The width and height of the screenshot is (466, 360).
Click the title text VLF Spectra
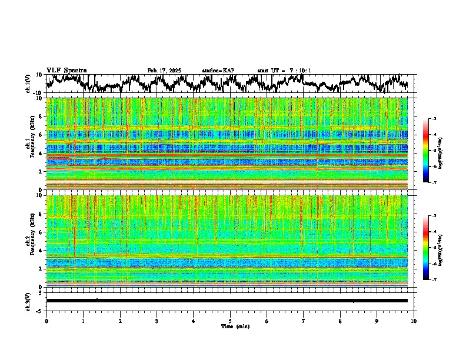pyautogui.click(x=66, y=70)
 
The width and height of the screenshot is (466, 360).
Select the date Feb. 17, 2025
pyautogui.click(x=164, y=71)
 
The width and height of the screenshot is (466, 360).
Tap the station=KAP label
pyautogui.click(x=218, y=71)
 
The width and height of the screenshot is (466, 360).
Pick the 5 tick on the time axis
pyautogui.click(x=230, y=321)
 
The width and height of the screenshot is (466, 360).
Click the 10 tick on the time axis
pyautogui.click(x=414, y=321)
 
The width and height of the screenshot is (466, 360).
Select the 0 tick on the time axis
pyautogui.click(x=46, y=321)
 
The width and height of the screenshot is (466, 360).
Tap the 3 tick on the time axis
pyautogui.click(x=157, y=321)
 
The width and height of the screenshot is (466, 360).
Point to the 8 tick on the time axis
pyautogui.click(x=340, y=321)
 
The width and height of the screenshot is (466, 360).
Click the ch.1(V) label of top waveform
pyautogui.click(x=28, y=84)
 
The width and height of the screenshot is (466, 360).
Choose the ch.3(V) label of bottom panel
pyautogui.click(x=28, y=301)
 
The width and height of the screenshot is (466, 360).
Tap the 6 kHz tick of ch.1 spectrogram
pyautogui.click(x=40, y=135)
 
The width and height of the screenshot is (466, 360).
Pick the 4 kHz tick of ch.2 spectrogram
pyautogui.click(x=40, y=250)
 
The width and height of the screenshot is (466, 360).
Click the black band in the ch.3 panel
pyautogui.click(x=229, y=301)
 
